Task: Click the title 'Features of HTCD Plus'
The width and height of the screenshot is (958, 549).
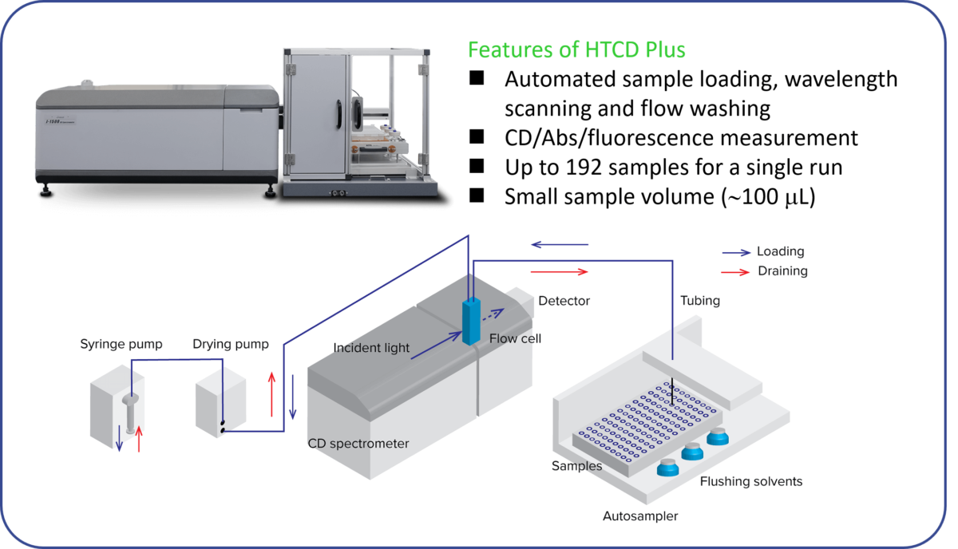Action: [576, 50]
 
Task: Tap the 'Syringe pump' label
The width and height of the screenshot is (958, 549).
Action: [121, 345]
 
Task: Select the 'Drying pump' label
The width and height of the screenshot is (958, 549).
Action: [231, 345]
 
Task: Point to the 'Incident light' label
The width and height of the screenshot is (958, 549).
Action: [371, 348]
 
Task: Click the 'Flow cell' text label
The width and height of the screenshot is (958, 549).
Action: [515, 338]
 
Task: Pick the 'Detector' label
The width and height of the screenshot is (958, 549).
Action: [564, 301]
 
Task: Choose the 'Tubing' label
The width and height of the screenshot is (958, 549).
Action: [699, 301]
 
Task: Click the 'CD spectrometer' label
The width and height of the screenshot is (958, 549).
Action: [358, 444]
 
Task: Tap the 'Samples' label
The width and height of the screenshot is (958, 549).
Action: [576, 465]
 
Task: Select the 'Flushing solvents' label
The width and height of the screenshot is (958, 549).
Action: [751, 481]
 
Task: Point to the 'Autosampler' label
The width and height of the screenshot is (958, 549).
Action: [640, 516]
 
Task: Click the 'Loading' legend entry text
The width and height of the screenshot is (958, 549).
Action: [780, 251]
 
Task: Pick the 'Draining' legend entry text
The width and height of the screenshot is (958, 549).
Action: [782, 271]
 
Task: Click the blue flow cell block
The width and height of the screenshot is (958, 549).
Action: [472, 321]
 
